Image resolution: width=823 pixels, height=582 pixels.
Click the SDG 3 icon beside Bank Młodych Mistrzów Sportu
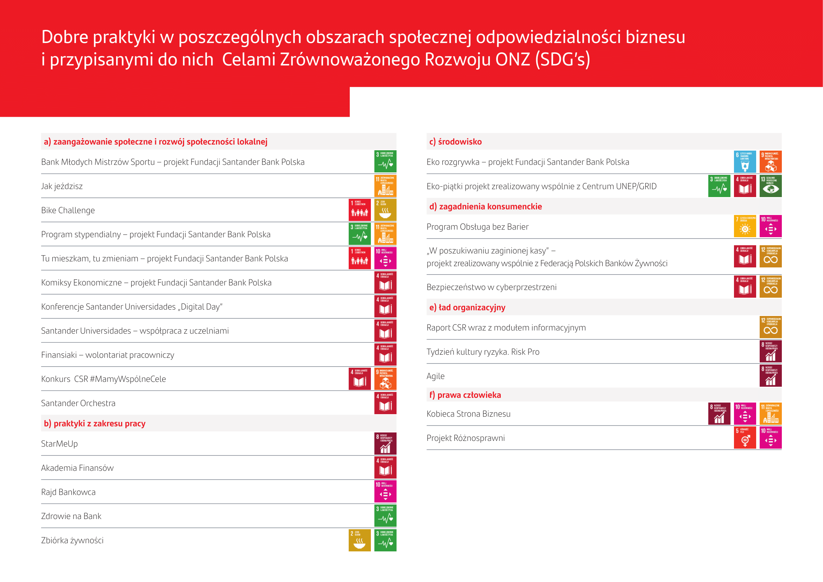pyautogui.click(x=385, y=162)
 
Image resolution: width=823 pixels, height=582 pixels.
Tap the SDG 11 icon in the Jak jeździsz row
pyautogui.click(x=385, y=186)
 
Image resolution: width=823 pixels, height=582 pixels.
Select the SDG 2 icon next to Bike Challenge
pyautogui.click(x=385, y=210)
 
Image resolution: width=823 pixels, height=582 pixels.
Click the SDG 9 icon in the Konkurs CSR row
pyautogui.click(x=385, y=379)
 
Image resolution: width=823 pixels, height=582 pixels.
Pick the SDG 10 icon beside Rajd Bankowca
pyautogui.click(x=385, y=492)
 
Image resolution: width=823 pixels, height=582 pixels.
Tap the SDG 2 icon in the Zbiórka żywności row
pyautogui.click(x=360, y=540)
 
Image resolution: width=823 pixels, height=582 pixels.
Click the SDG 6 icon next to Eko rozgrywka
pyautogui.click(x=745, y=162)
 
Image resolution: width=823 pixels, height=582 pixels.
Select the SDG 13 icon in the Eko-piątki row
pyautogui.click(x=770, y=186)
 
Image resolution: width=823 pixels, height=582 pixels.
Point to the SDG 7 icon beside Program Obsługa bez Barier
pyautogui.click(x=745, y=226)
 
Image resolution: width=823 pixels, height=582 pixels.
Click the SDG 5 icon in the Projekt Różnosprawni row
pyautogui.click(x=745, y=438)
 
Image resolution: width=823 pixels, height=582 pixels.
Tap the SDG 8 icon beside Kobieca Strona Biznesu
pyautogui.click(x=719, y=413)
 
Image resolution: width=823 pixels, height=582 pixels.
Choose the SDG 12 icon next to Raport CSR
pyautogui.click(x=770, y=327)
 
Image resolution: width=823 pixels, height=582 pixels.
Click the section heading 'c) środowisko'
pyautogui.click(x=455, y=141)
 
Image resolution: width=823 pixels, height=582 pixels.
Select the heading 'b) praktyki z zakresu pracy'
pyautogui.click(x=95, y=423)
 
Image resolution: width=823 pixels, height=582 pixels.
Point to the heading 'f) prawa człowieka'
pyautogui.click(x=465, y=395)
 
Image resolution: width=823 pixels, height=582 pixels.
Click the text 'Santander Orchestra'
pyautogui.click(x=78, y=403)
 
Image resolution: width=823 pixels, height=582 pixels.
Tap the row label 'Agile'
pyautogui.click(x=435, y=376)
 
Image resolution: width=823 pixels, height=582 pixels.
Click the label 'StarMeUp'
pyautogui.click(x=59, y=444)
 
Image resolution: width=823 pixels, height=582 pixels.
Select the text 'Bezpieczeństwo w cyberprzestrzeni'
pyautogui.click(x=491, y=287)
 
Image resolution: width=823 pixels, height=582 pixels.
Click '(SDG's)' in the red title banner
pyautogui.click(x=562, y=59)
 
